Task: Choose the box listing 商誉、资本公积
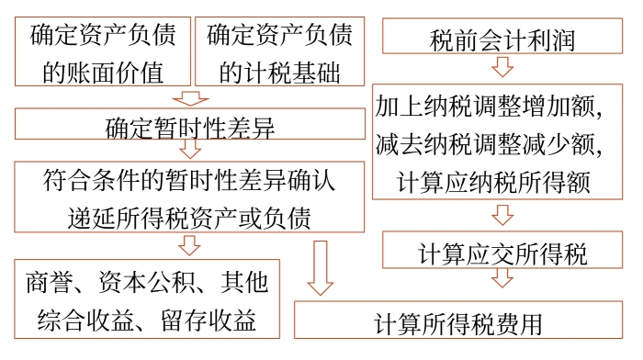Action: [148, 298]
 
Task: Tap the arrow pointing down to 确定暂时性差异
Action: [189, 97]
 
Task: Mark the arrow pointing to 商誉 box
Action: [189, 244]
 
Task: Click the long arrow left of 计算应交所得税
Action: [320, 267]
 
